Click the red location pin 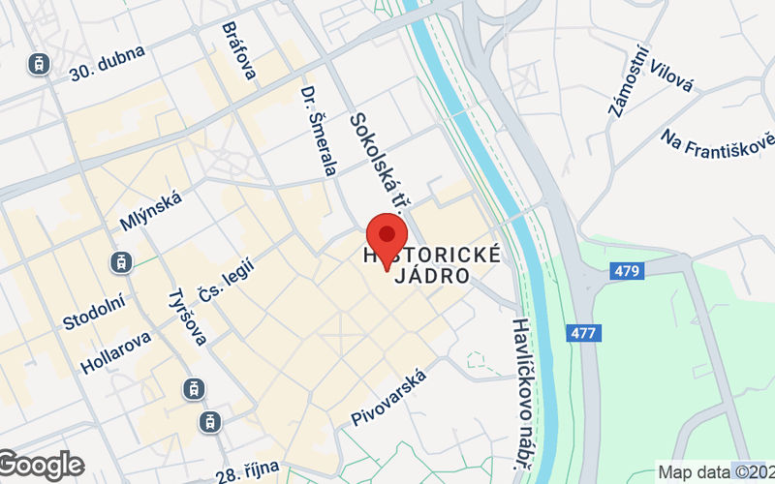[x=387, y=236]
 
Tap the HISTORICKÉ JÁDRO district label [x=431, y=265]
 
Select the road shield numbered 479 [x=627, y=271]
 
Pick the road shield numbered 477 [x=584, y=333]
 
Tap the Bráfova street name [x=237, y=50]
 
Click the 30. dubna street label [x=108, y=62]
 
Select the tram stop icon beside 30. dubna [x=39, y=64]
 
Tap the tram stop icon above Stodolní [x=121, y=261]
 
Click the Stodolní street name [x=94, y=311]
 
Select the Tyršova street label [x=187, y=318]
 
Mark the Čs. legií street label [x=225, y=280]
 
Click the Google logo [x=42, y=466]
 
